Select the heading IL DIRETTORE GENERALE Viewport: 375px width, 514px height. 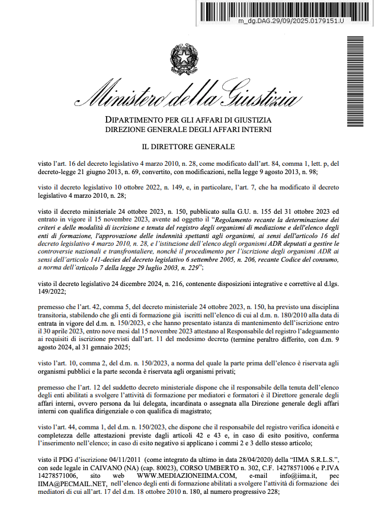(188, 146)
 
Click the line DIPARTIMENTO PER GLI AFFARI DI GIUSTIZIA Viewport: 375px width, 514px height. (188, 120)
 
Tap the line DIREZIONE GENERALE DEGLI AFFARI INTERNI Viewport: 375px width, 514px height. (188, 129)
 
